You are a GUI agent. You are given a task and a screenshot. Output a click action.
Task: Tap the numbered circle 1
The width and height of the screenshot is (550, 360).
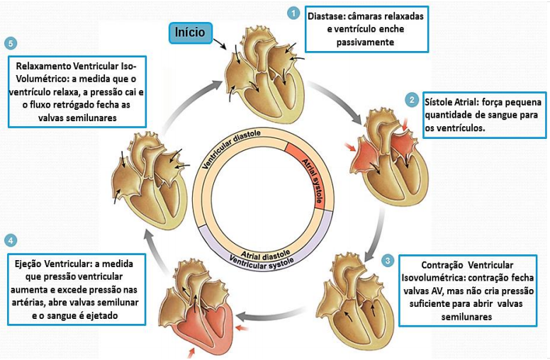[x=292, y=13]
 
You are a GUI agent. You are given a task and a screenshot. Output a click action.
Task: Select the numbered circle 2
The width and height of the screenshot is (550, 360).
[x=411, y=100]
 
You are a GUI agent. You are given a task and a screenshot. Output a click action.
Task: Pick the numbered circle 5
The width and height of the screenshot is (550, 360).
[x=9, y=43]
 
